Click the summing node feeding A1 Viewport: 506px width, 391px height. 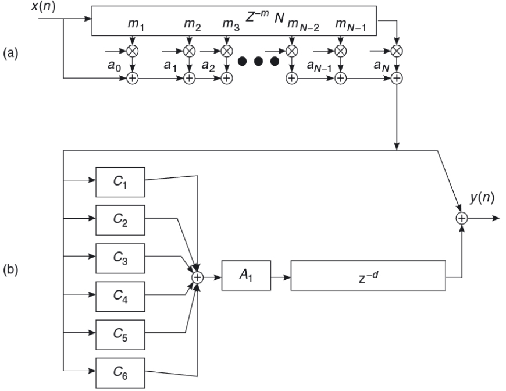(x=198, y=278)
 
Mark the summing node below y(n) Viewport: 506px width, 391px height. (x=462, y=218)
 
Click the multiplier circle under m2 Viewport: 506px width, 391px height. (x=189, y=51)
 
